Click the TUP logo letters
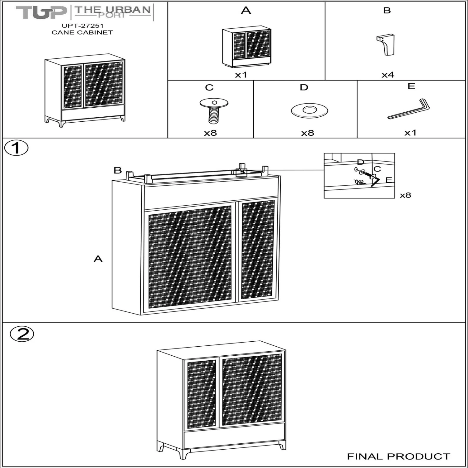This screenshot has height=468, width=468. tap(41, 12)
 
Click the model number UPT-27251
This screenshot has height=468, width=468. tap(82, 26)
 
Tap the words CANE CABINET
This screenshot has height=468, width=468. tap(82, 32)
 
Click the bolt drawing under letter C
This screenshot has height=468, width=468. tap(214, 110)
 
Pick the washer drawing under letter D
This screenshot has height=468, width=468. tap(309, 111)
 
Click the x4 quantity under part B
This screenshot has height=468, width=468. tap(388, 75)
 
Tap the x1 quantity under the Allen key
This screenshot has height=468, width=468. tap(410, 133)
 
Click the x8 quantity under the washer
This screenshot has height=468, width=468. tap(307, 133)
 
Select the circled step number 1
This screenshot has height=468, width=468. tap(16, 148)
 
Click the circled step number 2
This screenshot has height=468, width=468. tap(22, 334)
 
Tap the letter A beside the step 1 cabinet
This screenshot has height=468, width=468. tap(98, 259)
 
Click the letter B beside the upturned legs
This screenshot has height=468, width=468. tap(118, 170)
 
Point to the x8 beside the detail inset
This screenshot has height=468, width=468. tap(405, 195)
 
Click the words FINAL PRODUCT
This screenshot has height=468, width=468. tap(399, 456)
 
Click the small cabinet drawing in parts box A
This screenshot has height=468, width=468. tap(246, 47)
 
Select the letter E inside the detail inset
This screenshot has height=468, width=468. tap(388, 180)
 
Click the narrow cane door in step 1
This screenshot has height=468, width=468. tap(258, 250)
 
